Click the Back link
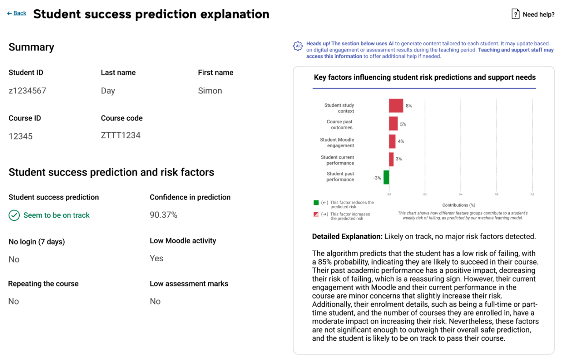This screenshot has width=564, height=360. [x=17, y=13]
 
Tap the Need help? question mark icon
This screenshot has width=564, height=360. [x=515, y=14]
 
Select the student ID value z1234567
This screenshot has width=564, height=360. [x=27, y=91]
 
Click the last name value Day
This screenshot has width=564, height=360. [x=108, y=91]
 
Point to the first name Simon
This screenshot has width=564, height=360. [x=210, y=91]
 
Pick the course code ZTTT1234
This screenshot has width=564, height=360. [x=121, y=135]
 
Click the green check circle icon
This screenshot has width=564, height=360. [x=15, y=215]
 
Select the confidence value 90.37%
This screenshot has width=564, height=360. [x=163, y=215]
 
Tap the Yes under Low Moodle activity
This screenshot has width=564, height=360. [x=156, y=258]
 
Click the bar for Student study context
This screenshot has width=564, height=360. [x=396, y=106]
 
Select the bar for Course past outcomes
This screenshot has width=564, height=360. [x=393, y=124]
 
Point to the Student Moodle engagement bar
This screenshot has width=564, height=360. [x=392, y=141]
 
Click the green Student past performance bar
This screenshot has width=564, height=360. [x=386, y=177]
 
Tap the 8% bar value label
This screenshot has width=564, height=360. [x=409, y=106]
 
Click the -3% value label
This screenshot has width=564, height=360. [x=377, y=178]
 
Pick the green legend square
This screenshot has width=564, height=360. [x=316, y=203]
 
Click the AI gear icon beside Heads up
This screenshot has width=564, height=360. [x=298, y=46]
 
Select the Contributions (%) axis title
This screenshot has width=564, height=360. [x=459, y=205]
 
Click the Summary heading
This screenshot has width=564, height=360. [x=31, y=47]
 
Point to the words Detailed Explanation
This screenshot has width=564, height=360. [x=347, y=237]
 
